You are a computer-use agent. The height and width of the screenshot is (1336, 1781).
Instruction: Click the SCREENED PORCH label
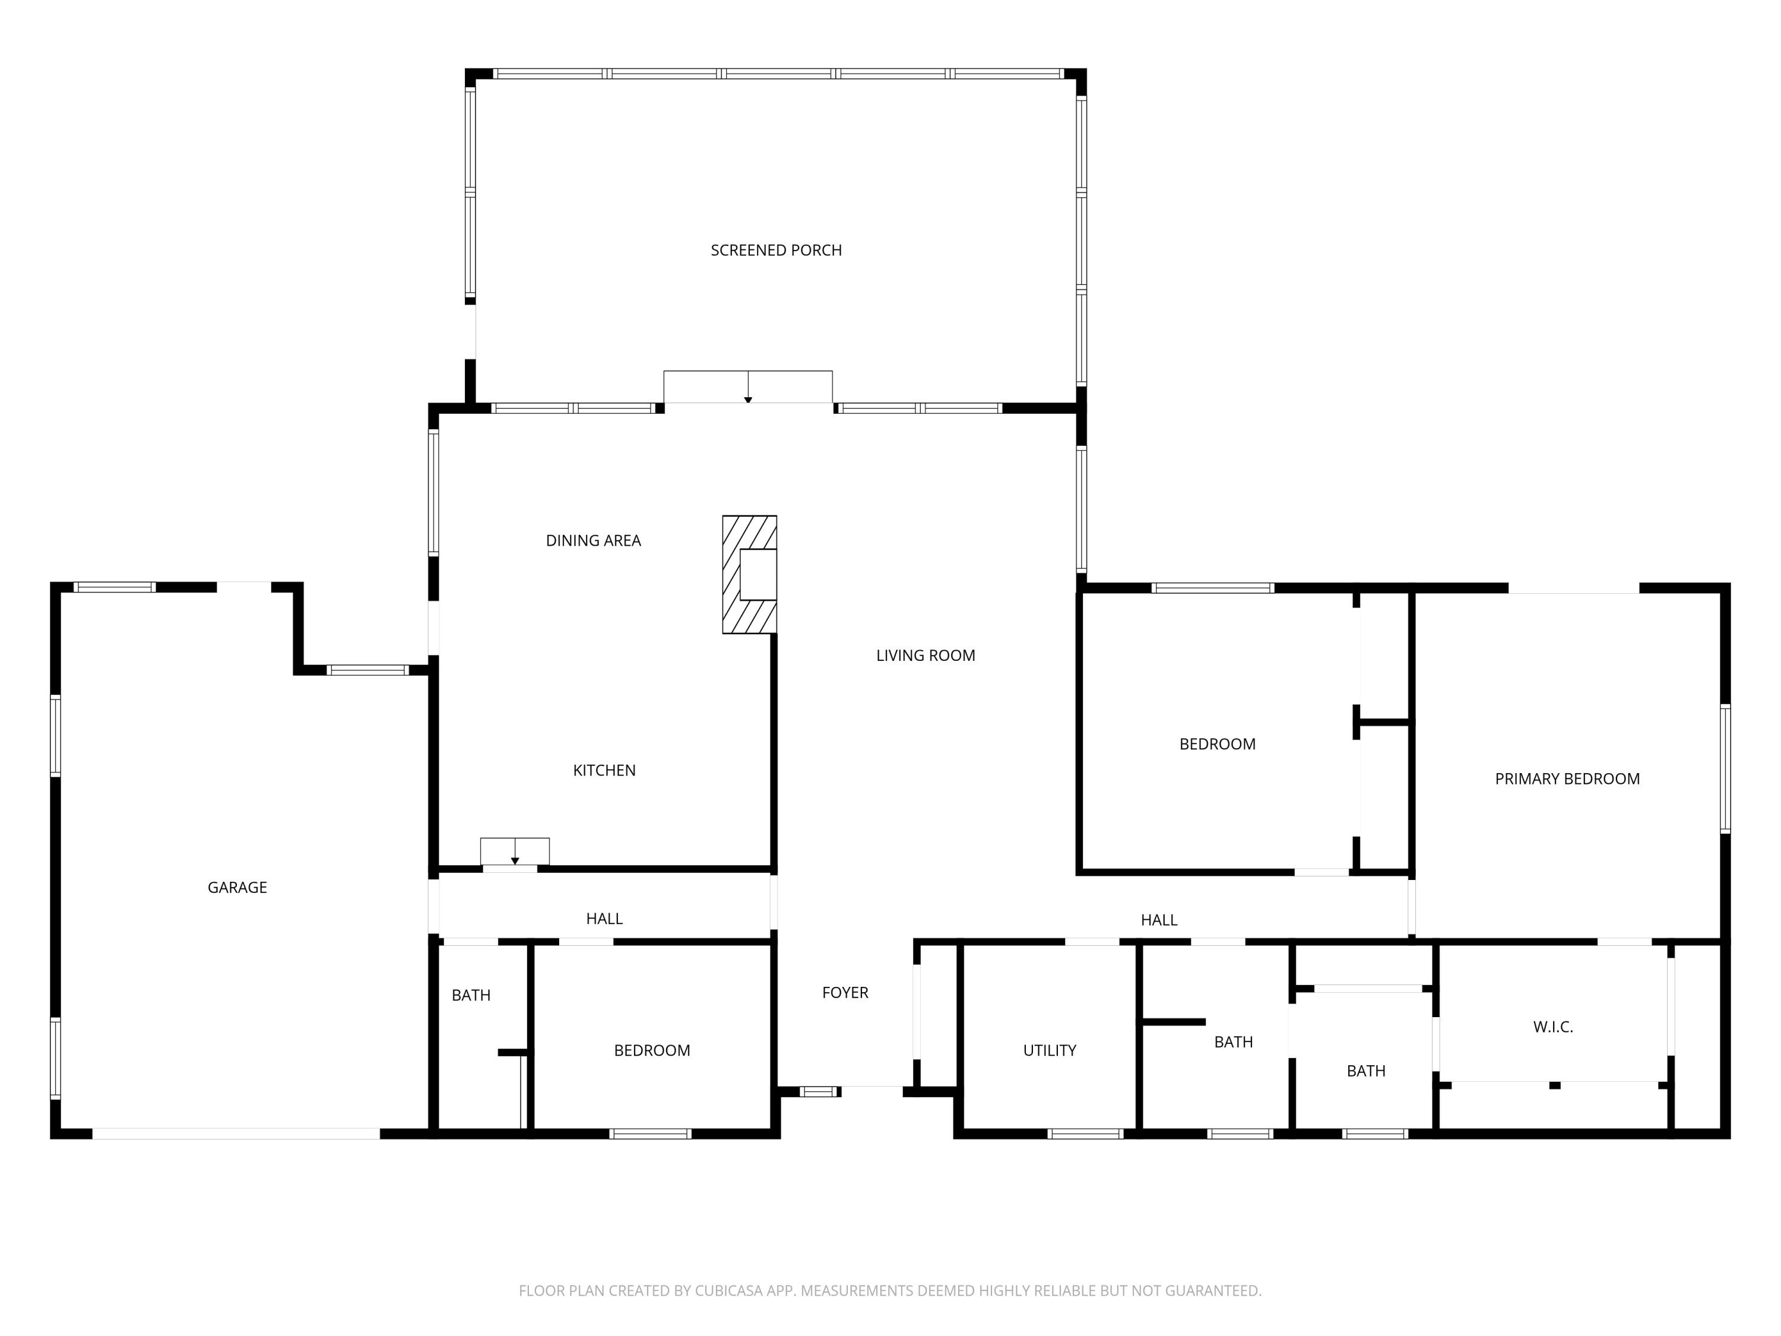775,251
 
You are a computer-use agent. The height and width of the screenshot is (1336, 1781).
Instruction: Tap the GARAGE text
237,888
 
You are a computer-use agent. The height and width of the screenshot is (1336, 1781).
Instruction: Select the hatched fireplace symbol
749,574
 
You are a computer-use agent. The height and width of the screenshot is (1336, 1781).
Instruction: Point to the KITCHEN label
604,771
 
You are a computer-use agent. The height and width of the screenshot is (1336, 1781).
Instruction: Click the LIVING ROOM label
925,656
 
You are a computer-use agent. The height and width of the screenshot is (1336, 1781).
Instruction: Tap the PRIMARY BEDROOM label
1567,778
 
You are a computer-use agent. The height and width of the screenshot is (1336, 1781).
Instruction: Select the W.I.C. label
1552,1027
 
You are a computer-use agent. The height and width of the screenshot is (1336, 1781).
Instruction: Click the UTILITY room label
1049,1050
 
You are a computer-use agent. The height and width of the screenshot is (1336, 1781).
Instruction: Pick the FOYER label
845,993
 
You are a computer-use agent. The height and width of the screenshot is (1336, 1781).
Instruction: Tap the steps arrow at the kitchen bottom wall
515,851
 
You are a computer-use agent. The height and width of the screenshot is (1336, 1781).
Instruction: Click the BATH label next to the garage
470,995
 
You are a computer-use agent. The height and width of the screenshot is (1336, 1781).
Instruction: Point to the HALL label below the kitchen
604,919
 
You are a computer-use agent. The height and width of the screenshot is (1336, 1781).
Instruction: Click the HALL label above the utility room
1159,920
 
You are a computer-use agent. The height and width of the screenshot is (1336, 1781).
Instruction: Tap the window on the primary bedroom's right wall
1725,768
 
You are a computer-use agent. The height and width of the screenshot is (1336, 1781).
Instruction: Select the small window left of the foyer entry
820,1092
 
